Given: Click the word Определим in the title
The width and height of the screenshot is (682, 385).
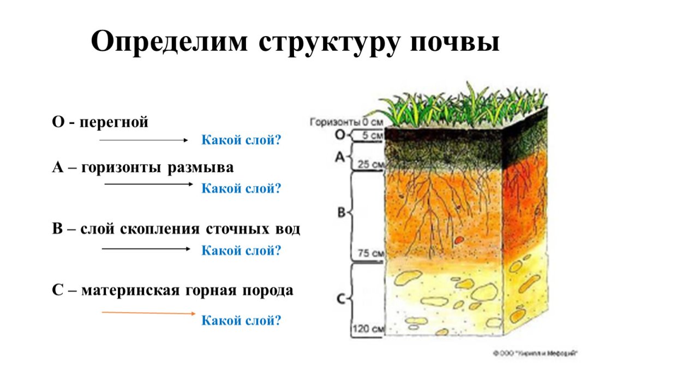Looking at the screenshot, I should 169,42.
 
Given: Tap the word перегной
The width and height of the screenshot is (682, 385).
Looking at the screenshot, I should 114,122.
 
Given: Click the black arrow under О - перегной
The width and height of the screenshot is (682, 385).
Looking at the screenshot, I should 143,140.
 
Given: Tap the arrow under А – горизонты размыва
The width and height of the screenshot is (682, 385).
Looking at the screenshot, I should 148,185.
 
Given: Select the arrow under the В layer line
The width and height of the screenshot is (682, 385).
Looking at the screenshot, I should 146,249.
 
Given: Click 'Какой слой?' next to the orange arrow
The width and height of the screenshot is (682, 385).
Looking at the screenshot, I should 241,320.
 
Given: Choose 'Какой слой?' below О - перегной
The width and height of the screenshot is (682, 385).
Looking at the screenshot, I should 241,140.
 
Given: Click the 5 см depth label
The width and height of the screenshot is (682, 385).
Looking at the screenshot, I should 373,135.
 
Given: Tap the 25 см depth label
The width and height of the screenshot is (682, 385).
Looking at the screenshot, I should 371,164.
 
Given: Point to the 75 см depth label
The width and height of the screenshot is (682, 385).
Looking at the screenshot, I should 371,253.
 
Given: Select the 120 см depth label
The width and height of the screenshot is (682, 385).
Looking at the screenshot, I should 368,329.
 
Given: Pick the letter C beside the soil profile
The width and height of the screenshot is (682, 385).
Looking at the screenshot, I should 340,299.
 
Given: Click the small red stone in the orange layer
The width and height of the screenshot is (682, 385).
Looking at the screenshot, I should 459,239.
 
